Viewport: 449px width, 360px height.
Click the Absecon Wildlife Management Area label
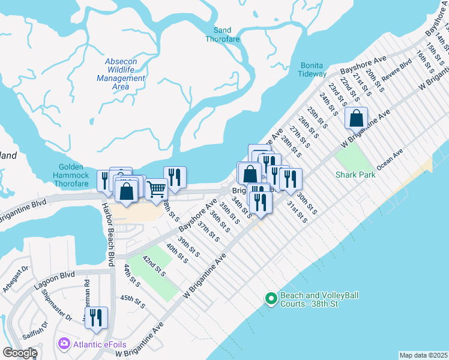[121, 74]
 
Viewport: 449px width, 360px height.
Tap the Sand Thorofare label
[222, 35]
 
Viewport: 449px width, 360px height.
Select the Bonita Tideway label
[312, 69]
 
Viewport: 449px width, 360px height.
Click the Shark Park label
[356, 175]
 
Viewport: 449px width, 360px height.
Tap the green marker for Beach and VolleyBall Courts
[271, 298]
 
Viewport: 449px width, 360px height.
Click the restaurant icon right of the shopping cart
[175, 176]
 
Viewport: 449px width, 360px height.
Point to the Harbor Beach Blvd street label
[111, 233]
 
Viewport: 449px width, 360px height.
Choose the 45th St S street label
[133, 301]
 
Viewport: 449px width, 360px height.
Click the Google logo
[19, 353]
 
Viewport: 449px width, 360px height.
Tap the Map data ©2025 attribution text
[423, 355]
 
